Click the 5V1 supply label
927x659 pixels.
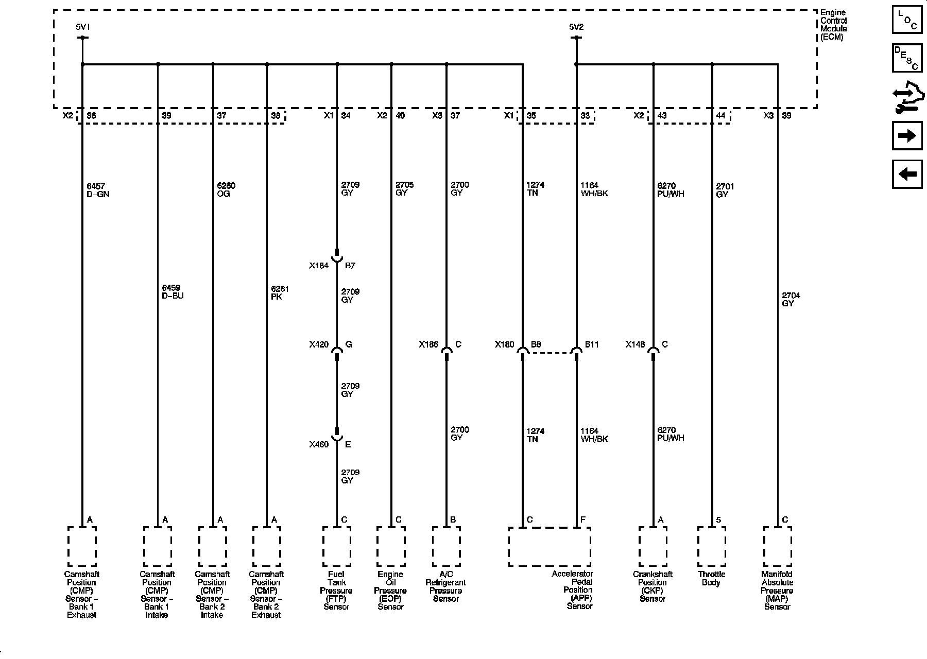pos(82,27)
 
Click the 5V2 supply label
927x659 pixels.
pos(576,27)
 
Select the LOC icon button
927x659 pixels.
pos(907,20)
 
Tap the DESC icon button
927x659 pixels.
pos(907,58)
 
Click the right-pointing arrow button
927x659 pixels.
pos(907,136)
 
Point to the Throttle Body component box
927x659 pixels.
pos(712,546)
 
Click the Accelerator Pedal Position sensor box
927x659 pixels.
pos(550,546)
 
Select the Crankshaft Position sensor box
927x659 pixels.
pos(653,546)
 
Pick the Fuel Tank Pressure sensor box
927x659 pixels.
pos(337,546)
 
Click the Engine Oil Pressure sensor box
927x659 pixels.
pos(391,546)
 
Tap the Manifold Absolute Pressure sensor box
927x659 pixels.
pos(777,546)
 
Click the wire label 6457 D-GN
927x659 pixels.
pos(98,190)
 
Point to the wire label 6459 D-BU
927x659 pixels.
pos(173,292)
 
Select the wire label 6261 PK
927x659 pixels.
pos(280,293)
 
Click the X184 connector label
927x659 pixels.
pos(319,266)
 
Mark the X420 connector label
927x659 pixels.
pos(319,344)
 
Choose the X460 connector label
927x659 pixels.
pos(319,444)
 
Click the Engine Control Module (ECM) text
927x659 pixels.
pos(833,25)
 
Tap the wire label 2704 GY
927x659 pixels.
pos(791,300)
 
